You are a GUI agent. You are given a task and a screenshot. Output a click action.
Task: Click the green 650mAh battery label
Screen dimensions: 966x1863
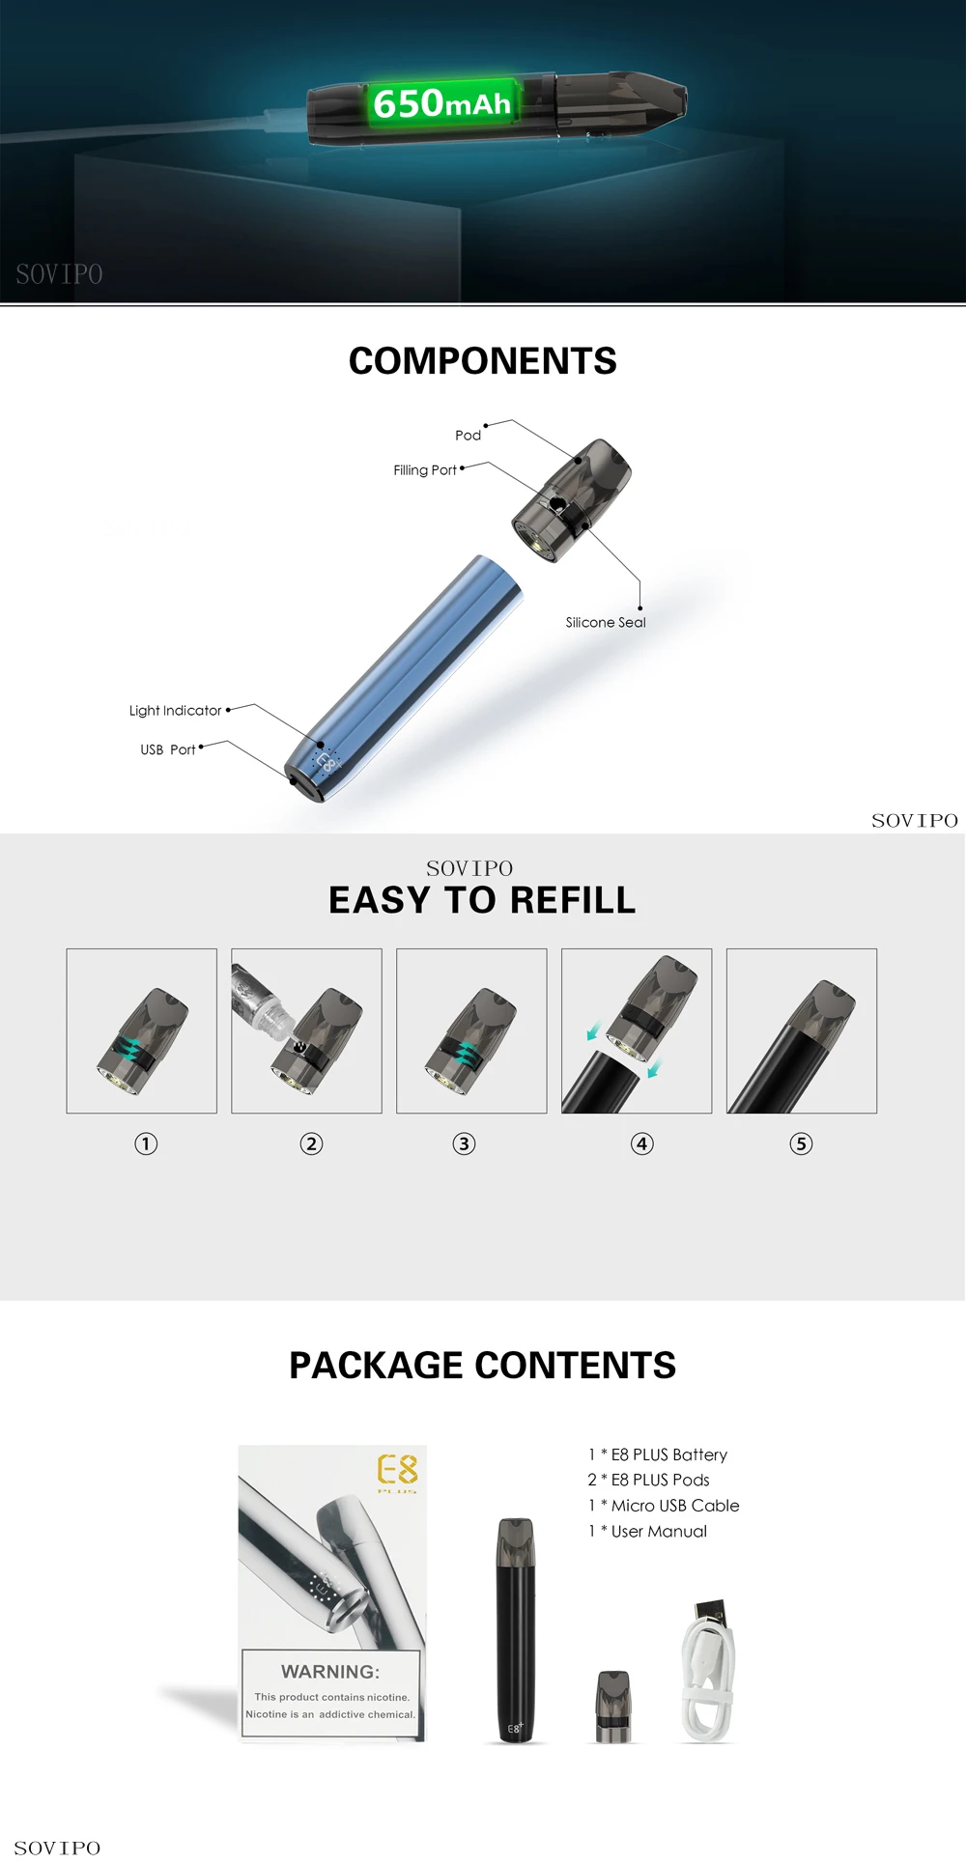tap(442, 103)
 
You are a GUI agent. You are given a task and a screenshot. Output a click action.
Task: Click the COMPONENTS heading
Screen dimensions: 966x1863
tap(482, 361)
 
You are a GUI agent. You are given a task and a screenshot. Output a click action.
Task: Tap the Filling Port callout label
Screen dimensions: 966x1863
tap(425, 470)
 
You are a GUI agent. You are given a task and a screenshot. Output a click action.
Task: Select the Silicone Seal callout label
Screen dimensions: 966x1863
tap(606, 623)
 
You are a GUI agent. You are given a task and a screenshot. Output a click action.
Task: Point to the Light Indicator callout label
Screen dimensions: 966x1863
tap(175, 711)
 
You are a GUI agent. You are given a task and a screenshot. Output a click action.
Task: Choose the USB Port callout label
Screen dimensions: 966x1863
tap(168, 749)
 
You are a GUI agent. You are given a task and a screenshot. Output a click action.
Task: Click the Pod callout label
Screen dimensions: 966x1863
tap(469, 436)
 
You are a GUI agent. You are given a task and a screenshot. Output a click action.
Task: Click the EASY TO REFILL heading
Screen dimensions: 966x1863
tap(482, 900)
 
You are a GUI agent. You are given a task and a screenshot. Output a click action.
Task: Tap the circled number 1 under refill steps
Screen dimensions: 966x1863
tap(146, 1144)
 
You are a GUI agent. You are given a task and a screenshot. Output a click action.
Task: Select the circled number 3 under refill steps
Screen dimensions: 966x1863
tap(465, 1144)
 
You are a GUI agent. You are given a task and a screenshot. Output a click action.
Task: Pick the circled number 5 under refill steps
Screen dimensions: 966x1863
tap(801, 1144)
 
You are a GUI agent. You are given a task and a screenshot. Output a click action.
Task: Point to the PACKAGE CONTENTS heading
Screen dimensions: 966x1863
tap(482, 1366)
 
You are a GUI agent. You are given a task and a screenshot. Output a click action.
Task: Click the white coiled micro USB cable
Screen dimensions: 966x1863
tap(709, 1672)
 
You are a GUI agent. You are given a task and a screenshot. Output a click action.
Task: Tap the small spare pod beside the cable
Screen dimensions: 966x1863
tap(613, 1707)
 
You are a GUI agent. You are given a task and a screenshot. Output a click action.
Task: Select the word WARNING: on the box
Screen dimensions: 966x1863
tap(330, 1672)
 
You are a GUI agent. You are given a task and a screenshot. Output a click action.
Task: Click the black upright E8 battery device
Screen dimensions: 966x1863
tap(515, 1631)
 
